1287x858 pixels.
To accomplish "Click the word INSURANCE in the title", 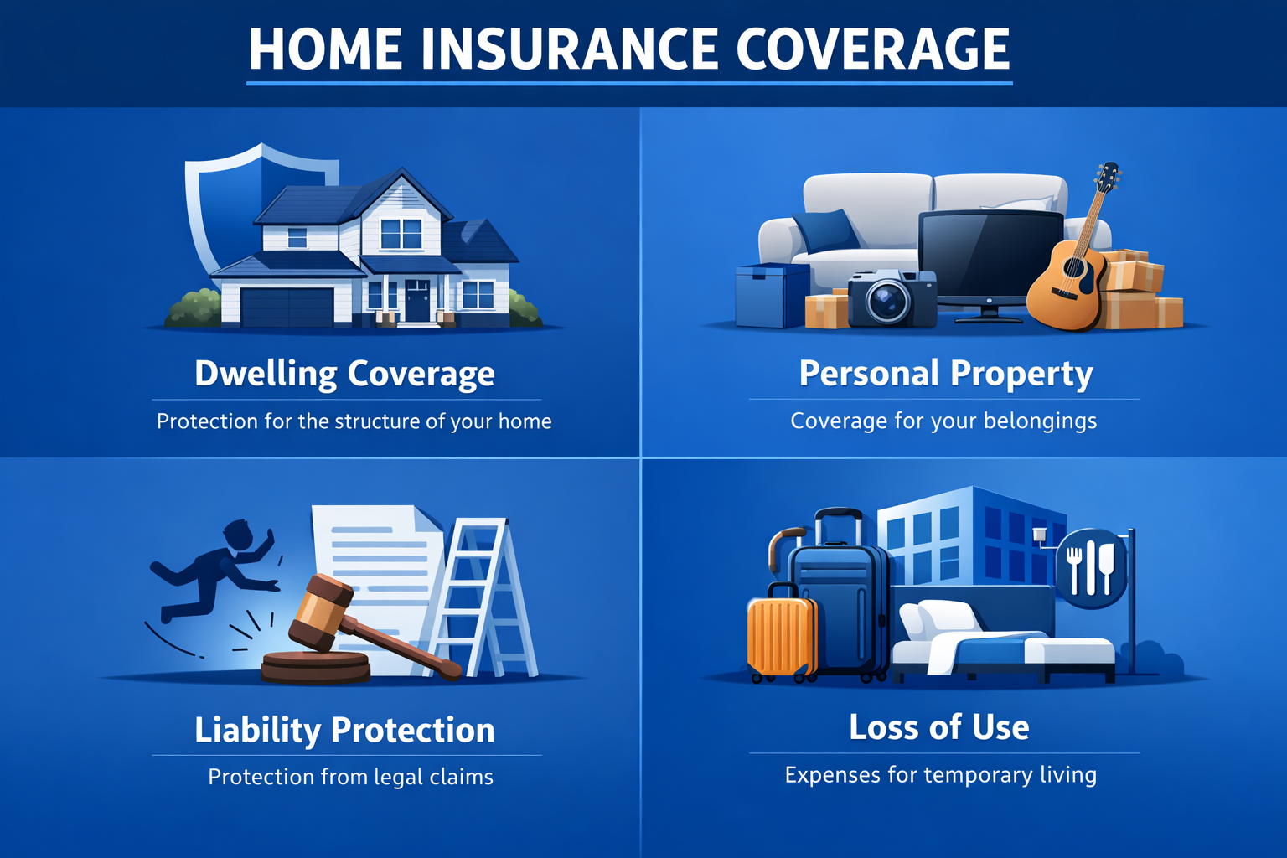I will pos(571,49).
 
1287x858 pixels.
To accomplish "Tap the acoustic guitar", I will pos(1068,277).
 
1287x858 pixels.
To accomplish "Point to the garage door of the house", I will pos(287,307).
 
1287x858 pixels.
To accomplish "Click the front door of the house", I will pos(416,301).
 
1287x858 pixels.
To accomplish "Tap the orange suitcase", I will pos(782,636).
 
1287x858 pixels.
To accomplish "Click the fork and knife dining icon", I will pos(1090,568).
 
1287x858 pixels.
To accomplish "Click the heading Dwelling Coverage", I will pos(344,374).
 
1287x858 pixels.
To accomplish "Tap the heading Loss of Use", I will pos(939,727).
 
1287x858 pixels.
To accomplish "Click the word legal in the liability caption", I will pos(398,778).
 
